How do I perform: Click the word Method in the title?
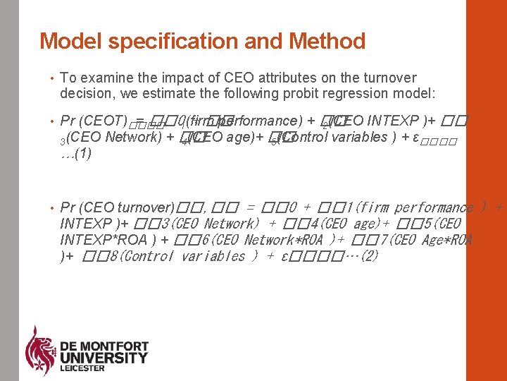tap(326, 42)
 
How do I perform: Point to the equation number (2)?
tap(366, 256)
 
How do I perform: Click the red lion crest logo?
tap(39, 351)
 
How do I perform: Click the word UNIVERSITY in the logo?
tap(104, 358)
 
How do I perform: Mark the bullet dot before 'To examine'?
tap(51, 78)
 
